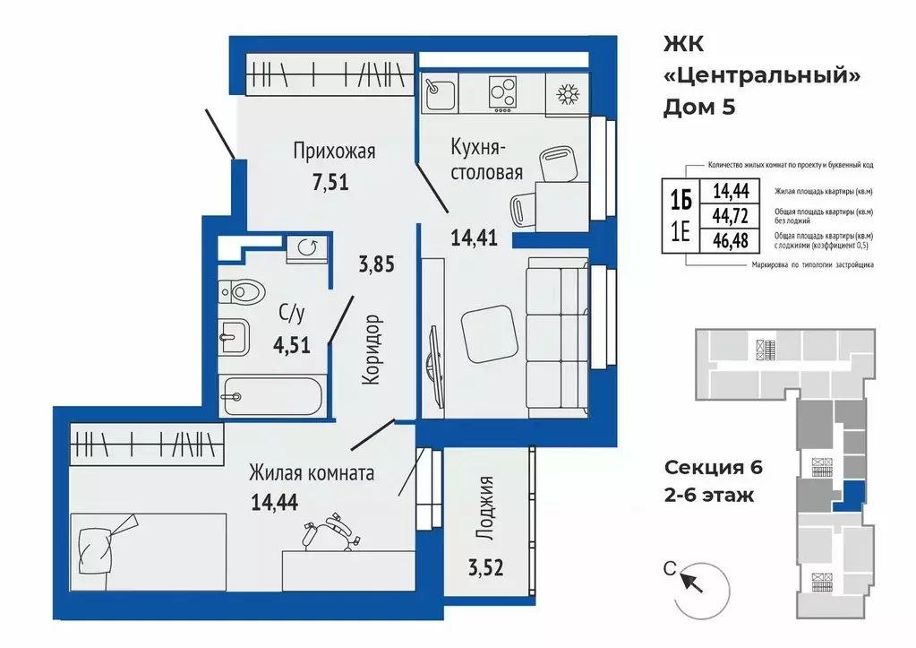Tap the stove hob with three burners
point(502,93)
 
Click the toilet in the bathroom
point(241,290)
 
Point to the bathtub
point(270,396)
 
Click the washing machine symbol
point(307,248)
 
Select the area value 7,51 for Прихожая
point(330,182)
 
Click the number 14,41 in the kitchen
point(474,238)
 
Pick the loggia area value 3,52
point(485,567)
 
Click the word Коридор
point(372,350)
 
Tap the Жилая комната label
point(312,472)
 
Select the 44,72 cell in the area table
point(730,216)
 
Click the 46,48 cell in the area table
point(730,240)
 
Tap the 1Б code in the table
point(681,200)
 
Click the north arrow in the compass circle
point(692,582)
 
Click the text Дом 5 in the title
point(698,108)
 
